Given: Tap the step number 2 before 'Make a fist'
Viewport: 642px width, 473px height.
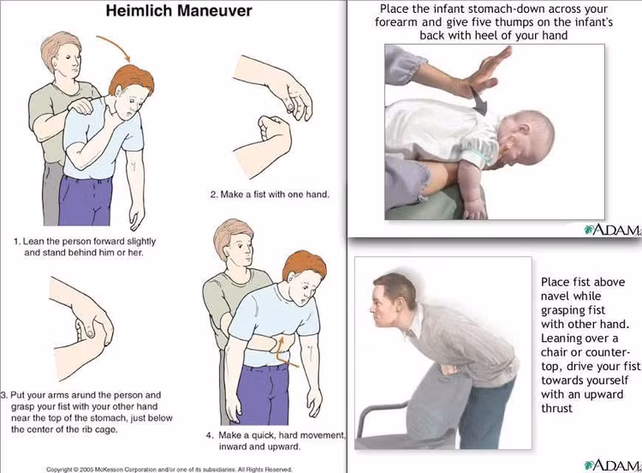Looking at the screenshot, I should (x=214, y=195).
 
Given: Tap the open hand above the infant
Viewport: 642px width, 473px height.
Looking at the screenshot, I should (x=484, y=73).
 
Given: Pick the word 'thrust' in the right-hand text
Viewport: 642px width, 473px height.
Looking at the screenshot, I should (x=557, y=408).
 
